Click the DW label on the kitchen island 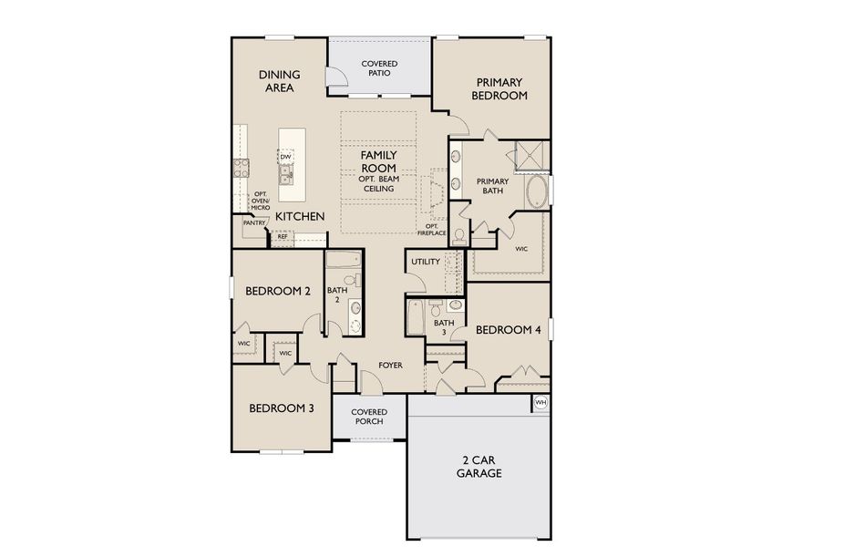pos(285,158)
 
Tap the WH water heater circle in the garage pos(540,402)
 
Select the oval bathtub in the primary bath pos(537,192)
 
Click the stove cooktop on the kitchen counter pos(242,168)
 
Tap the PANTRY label pos(253,222)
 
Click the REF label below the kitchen pos(283,236)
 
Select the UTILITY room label pos(426,262)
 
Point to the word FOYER pos(391,366)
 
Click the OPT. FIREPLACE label pos(432,230)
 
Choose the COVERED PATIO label pos(379,68)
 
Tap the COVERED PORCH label pos(368,417)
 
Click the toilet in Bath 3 pos(436,306)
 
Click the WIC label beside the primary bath pos(521,248)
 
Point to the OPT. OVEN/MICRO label pos(261,201)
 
